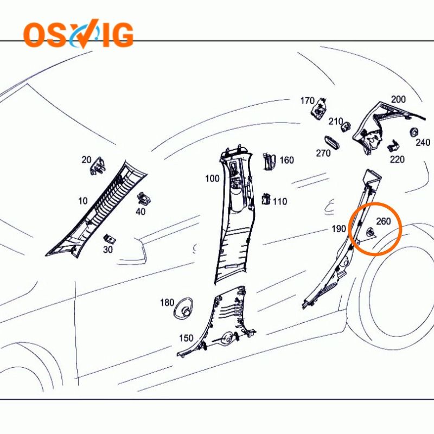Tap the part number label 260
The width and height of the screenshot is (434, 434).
point(384,221)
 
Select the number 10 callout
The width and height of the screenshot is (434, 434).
point(83,201)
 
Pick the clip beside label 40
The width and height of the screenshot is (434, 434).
point(144,198)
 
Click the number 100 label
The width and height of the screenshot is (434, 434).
point(212,178)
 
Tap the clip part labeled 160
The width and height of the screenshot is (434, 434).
point(269,161)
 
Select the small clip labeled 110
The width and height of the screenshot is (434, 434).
point(266,199)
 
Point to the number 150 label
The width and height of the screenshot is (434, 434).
point(186,338)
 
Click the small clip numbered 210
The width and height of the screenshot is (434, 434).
point(346,127)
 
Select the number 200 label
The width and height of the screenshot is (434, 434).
point(398,99)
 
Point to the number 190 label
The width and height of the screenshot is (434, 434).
point(339,228)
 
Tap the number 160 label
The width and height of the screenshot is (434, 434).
point(286,160)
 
